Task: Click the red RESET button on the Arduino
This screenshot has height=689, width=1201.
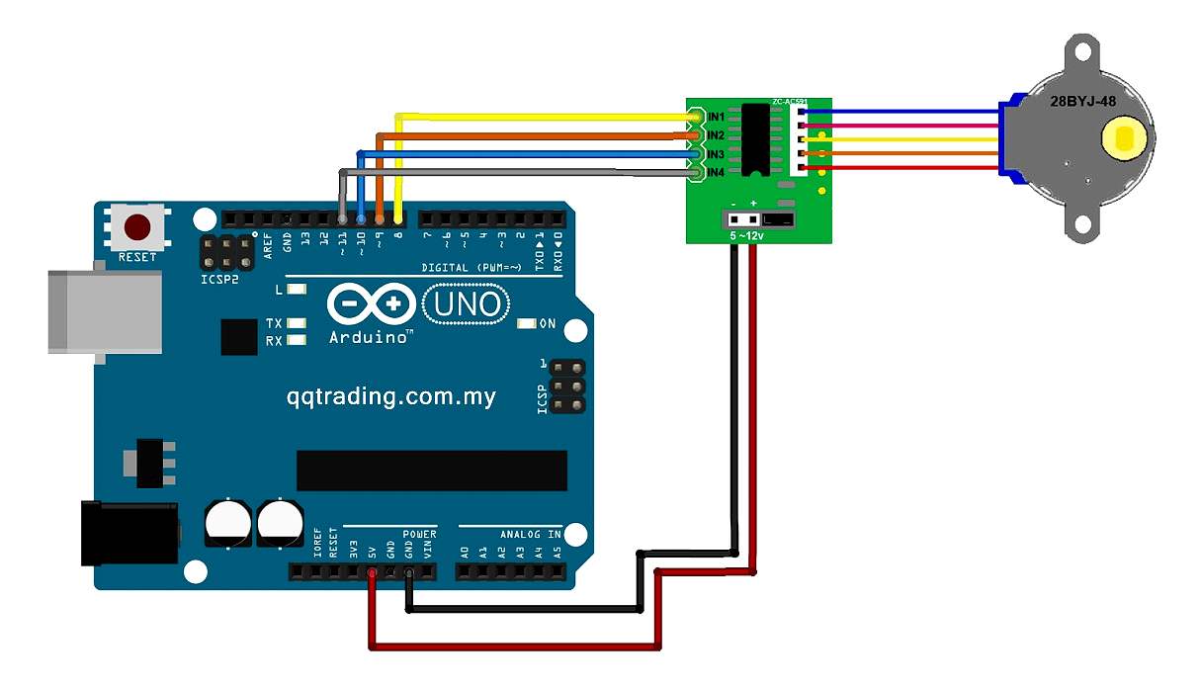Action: (x=137, y=228)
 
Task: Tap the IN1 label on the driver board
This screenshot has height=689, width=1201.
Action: (x=717, y=118)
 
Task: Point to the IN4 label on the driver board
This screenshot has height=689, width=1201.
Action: (x=717, y=173)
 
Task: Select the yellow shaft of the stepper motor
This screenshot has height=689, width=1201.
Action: (x=1123, y=138)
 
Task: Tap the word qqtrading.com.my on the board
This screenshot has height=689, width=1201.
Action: (x=391, y=397)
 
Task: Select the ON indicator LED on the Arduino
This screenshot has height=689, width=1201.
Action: (x=526, y=323)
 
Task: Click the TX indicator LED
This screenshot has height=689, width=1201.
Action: (x=295, y=323)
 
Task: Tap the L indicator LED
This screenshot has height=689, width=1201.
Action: (x=295, y=290)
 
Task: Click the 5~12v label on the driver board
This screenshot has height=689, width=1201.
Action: (x=746, y=235)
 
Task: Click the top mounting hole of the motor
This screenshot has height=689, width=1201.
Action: (x=1081, y=45)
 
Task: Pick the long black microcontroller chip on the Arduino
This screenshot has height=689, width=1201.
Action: (x=432, y=471)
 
